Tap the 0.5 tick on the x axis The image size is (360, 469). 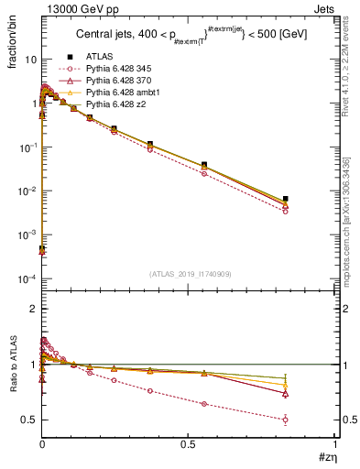coord(189,444)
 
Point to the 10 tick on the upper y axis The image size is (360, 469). coord(29,59)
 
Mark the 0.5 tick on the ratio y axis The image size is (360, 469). coord(29,420)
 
